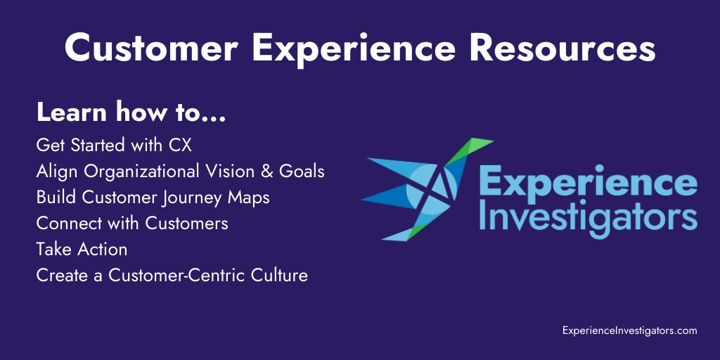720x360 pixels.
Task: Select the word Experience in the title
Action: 347,49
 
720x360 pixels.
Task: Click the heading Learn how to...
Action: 131,112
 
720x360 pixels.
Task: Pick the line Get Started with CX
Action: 113,146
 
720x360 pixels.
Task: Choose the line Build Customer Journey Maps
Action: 153,198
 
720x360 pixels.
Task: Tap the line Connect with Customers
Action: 132,224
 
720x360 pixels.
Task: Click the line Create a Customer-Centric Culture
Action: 172,275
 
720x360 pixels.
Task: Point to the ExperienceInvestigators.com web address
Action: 629,330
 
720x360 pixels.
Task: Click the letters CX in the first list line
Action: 180,146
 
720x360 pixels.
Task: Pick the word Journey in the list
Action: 190,198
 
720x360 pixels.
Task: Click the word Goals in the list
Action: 303,172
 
